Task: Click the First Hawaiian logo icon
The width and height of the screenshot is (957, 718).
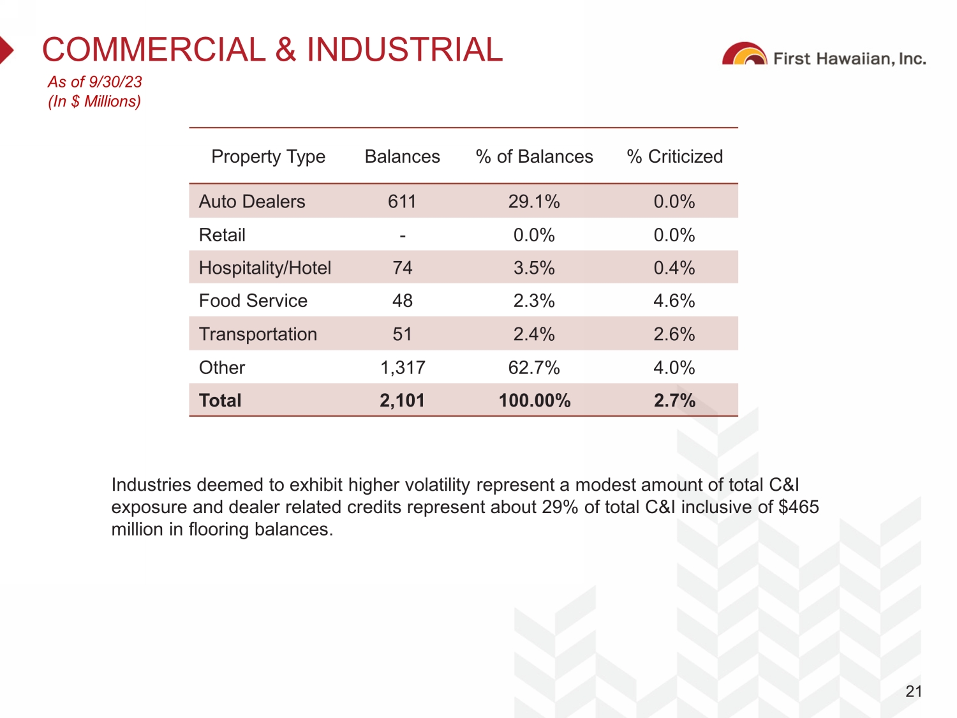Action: pos(745,55)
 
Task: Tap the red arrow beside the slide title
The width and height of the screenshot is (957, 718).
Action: pos(6,50)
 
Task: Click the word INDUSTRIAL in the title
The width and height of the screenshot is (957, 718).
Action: pos(404,50)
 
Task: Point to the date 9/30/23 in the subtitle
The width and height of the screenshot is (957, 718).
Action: pos(115,82)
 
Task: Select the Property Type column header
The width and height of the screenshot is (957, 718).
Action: pos(268,156)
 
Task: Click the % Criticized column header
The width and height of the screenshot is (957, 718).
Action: pos(674,156)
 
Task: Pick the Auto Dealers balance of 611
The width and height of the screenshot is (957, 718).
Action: pos(402,202)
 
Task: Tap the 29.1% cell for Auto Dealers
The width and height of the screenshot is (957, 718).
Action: pos(534,202)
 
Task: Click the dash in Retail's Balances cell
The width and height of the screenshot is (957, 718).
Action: pos(403,236)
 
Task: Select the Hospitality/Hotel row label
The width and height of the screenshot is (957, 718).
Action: pos(265,268)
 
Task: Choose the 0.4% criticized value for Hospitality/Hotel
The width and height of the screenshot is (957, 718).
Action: pos(674,268)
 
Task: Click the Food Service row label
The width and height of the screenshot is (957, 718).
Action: pos(253,301)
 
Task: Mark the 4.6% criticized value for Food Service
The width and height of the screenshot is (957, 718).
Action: pos(674,301)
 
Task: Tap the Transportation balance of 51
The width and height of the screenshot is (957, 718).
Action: pos(402,334)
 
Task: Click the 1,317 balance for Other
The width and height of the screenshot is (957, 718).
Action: pos(403,368)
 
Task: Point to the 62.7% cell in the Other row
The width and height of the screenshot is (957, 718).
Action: pos(534,368)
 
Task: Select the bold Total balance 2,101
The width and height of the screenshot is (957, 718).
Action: pos(402,401)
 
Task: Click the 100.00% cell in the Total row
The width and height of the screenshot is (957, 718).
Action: pos(535,401)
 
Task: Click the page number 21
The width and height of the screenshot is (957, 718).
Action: pos(914,691)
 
